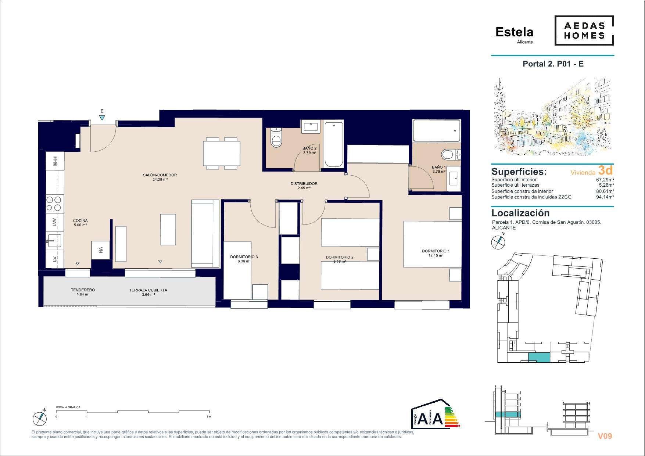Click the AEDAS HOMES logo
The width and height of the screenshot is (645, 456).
click(x=584, y=30)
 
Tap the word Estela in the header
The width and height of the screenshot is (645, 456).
click(x=514, y=32)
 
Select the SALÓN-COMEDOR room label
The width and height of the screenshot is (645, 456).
click(x=160, y=175)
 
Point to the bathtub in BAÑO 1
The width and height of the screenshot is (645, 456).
click(x=437, y=131)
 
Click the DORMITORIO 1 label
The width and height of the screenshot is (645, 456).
click(x=436, y=251)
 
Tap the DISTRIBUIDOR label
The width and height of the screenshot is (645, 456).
click(x=304, y=184)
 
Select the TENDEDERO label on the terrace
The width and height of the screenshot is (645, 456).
click(x=83, y=290)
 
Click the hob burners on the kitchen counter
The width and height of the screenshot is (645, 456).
click(x=54, y=203)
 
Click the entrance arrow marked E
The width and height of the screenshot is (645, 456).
click(x=102, y=118)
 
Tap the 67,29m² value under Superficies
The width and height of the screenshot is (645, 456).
click(x=605, y=180)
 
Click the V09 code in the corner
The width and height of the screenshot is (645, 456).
click(x=605, y=436)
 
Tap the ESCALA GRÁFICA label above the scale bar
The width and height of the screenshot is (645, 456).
click(x=68, y=407)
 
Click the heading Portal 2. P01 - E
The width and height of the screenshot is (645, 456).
click(x=553, y=64)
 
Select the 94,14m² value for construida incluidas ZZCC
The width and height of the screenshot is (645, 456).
click(x=605, y=197)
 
